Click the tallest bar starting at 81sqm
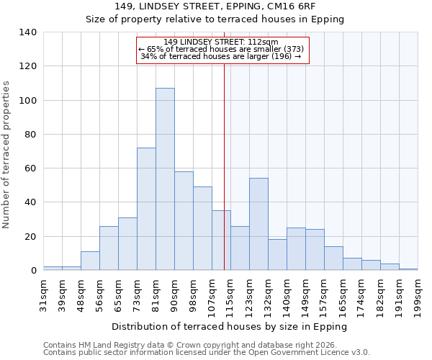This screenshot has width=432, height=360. click(165, 179)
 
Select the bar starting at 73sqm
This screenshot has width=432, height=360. click(146, 209)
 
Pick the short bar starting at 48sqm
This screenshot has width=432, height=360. click(90, 261)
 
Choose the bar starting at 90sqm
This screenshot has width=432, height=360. click(184, 221)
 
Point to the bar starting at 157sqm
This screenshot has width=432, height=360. click(333, 258)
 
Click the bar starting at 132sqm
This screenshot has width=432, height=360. click(277, 255)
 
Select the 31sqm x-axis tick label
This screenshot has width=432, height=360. click(44, 294)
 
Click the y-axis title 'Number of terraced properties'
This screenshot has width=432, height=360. click(6, 155)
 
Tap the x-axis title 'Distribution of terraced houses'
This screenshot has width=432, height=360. click(230, 326)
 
